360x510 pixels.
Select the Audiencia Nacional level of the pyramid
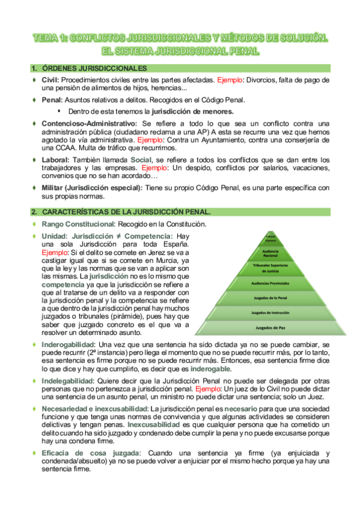click(270, 253)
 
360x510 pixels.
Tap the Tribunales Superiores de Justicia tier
click(270, 268)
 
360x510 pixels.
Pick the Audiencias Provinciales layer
click(270, 283)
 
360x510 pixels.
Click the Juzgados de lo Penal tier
click(270, 298)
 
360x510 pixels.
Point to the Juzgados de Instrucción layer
click(270, 313)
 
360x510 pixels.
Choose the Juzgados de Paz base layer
click(270, 328)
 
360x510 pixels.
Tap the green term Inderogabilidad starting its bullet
click(66, 345)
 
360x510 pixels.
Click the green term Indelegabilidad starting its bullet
click(67, 381)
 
